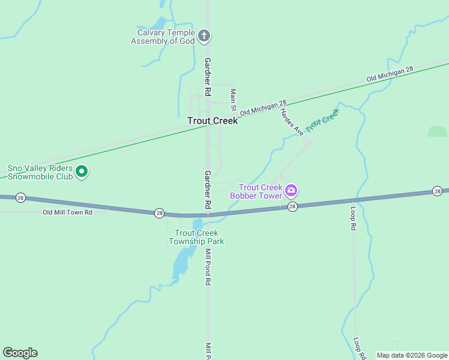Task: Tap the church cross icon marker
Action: [204, 37]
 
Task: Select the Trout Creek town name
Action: [212, 121]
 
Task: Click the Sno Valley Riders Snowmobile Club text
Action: [40, 173]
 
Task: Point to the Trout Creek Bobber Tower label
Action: [257, 191]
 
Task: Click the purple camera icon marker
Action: [291, 191]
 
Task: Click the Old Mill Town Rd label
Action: [67, 212]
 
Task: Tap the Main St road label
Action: [234, 98]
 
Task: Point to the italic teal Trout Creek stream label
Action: [322, 120]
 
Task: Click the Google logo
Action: [20, 353]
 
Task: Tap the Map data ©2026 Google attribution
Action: [412, 355]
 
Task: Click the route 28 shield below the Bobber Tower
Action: [292, 206]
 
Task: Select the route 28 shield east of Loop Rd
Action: [438, 191]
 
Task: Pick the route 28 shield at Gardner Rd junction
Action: [159, 213]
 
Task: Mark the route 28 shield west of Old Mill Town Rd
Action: [20, 197]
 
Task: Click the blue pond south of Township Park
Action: [181, 261]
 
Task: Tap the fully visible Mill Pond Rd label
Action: [208, 266]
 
